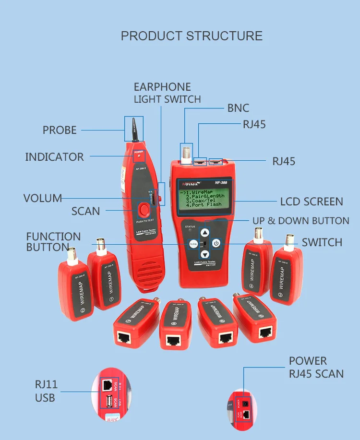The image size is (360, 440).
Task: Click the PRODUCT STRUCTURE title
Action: [192, 36]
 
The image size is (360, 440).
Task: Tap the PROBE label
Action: [60, 130]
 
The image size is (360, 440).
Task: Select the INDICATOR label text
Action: [54, 157]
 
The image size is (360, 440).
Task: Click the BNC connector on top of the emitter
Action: [186, 154]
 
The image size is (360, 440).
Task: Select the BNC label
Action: [238, 108]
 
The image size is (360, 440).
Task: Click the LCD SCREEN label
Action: [312, 202]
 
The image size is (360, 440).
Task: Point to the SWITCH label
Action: [322, 242]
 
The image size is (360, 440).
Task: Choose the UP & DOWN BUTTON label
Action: [301, 221]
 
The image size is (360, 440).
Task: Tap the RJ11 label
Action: [46, 384]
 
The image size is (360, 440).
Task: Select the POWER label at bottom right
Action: [308, 361]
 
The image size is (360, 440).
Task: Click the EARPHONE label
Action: [162, 87]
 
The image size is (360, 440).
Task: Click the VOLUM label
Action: [43, 198]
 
